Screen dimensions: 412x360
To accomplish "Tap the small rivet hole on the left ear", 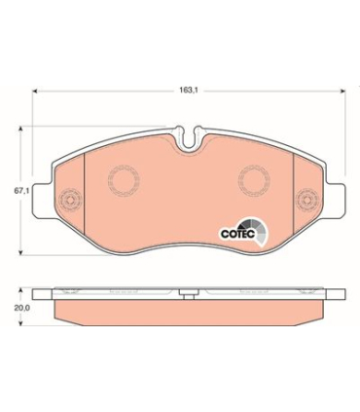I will pos(68,203).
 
